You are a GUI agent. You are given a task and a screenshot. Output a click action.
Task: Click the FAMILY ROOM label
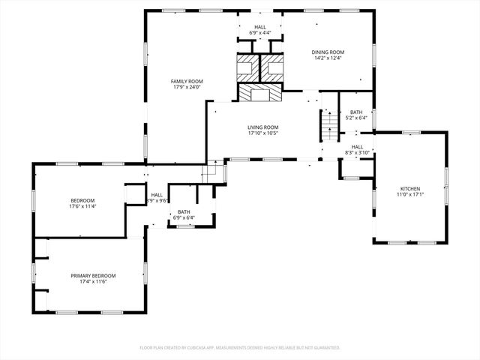coord(187,81)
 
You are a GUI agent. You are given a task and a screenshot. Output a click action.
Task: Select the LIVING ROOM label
coord(263,127)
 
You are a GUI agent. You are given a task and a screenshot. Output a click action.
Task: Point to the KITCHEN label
coord(409,188)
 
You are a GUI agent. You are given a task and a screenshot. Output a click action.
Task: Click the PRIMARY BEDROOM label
coord(93,275)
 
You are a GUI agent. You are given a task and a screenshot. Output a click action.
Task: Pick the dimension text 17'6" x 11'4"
coord(82,206)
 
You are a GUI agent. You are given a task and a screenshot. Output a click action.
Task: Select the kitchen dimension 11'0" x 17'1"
coord(409,194)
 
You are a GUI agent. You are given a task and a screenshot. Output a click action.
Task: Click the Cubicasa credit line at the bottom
coord(240,347)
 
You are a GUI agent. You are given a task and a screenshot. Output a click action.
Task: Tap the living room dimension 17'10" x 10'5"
coord(263,133)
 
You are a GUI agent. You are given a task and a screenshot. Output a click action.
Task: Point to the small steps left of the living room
coord(214,171)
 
